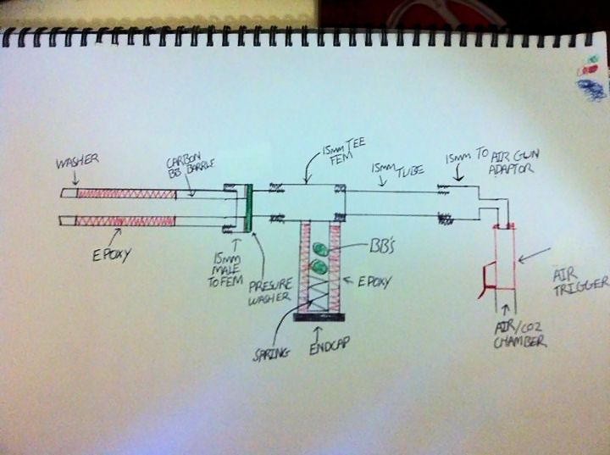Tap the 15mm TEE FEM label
(x=338, y=153)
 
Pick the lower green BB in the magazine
(x=319, y=268)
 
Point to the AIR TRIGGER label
(x=579, y=280)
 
